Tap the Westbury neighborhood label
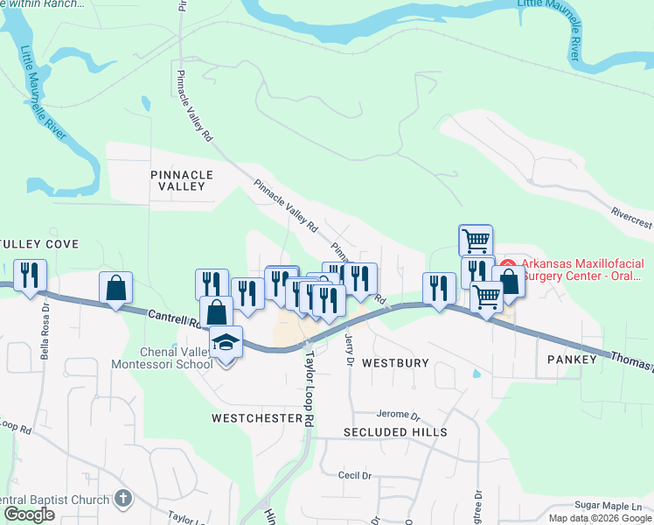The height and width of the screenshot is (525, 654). [395, 362]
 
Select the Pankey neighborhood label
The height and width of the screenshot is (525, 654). [571, 360]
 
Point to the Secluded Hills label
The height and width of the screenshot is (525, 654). [395, 432]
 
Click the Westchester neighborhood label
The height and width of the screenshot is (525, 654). [256, 418]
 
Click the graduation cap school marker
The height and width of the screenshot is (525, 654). [226, 342]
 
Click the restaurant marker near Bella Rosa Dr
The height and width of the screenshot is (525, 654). [31, 276]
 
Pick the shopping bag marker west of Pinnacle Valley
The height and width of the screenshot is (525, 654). [116, 287]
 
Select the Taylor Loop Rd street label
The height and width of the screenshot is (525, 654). [308, 388]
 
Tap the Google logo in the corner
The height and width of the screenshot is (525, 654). [28, 514]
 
